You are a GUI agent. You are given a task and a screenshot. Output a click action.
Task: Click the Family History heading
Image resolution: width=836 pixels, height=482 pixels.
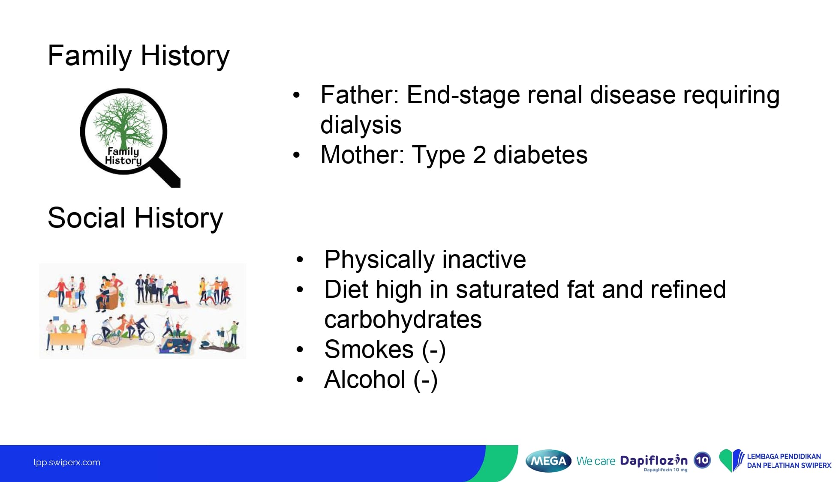point(138,56)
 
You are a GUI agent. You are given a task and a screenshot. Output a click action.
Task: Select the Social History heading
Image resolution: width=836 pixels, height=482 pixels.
point(135,218)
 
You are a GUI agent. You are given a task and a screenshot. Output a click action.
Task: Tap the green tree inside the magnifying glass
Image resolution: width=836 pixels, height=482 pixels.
point(123,122)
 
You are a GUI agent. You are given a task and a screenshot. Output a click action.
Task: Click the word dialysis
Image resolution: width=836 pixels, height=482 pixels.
point(361,125)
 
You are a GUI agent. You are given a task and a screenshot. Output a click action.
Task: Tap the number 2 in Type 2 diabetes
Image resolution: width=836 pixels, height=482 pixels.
point(479,155)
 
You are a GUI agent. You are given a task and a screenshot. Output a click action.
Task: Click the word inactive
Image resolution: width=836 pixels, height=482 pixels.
point(484,260)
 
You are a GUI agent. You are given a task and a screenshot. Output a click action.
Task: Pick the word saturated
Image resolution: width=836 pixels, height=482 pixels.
point(508,290)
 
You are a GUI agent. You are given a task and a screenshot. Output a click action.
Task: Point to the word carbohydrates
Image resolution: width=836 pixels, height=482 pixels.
point(403,320)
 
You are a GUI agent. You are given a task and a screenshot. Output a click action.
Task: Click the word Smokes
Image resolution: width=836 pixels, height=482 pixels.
point(369,350)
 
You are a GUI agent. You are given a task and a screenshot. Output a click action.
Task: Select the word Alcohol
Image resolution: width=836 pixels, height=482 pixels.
point(365,380)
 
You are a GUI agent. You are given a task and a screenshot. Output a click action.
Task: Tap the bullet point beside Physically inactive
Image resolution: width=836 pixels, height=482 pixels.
point(300,260)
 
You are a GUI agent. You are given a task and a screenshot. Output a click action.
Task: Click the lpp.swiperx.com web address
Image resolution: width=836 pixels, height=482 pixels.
point(67,463)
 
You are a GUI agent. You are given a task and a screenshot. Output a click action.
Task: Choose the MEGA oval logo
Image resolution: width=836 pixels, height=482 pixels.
point(548,461)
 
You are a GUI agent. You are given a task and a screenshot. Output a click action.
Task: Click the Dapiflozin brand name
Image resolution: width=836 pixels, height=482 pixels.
point(654,461)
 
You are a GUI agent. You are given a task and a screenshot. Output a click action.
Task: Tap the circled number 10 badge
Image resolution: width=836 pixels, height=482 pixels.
point(702,461)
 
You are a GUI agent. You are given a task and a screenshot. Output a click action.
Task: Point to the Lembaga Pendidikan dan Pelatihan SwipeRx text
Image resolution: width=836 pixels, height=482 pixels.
point(789,461)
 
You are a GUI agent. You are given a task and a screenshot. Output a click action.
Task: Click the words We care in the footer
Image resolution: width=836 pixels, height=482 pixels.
point(596,461)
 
